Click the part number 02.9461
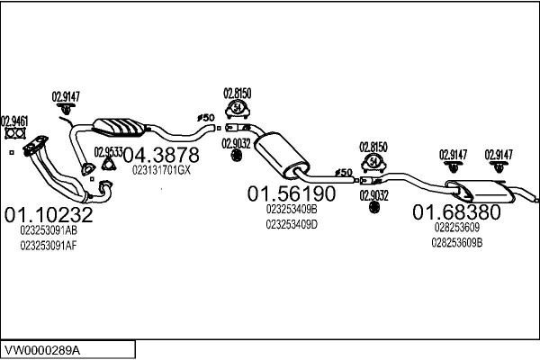click(13, 120)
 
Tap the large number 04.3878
click(161, 155)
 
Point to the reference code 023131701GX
click(162, 169)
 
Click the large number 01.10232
click(49, 215)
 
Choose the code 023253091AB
click(49, 230)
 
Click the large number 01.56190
click(292, 193)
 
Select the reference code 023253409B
click(292, 209)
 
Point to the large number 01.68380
click(456, 212)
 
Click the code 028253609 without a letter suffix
click(454, 228)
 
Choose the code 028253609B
click(457, 241)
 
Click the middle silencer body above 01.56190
click(278, 154)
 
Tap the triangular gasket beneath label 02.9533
click(109, 166)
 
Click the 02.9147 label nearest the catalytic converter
click(66, 96)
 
